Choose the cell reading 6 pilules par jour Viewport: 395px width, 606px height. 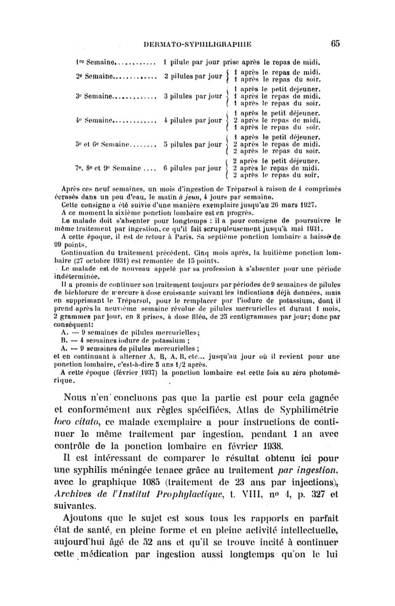(x=192, y=168)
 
